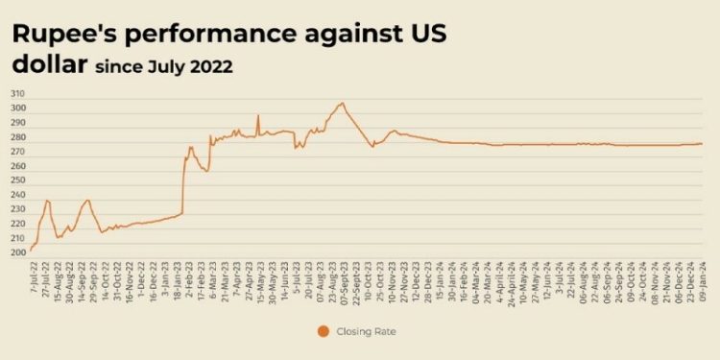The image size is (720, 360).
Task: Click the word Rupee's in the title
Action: pyautogui.click(x=60, y=35)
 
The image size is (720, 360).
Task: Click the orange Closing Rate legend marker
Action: pyautogui.click(x=323, y=331)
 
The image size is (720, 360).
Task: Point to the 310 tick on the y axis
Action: pyautogui.click(x=18, y=94)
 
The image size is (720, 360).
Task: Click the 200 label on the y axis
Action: pyautogui.click(x=18, y=253)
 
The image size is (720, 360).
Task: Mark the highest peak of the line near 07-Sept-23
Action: pyautogui.click(x=342, y=103)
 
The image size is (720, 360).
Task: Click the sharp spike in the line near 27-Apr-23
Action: pyautogui.click(x=257, y=116)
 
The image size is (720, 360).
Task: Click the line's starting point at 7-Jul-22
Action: pyautogui.click(x=31, y=251)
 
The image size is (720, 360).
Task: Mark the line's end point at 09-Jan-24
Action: pyautogui.click(x=703, y=144)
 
